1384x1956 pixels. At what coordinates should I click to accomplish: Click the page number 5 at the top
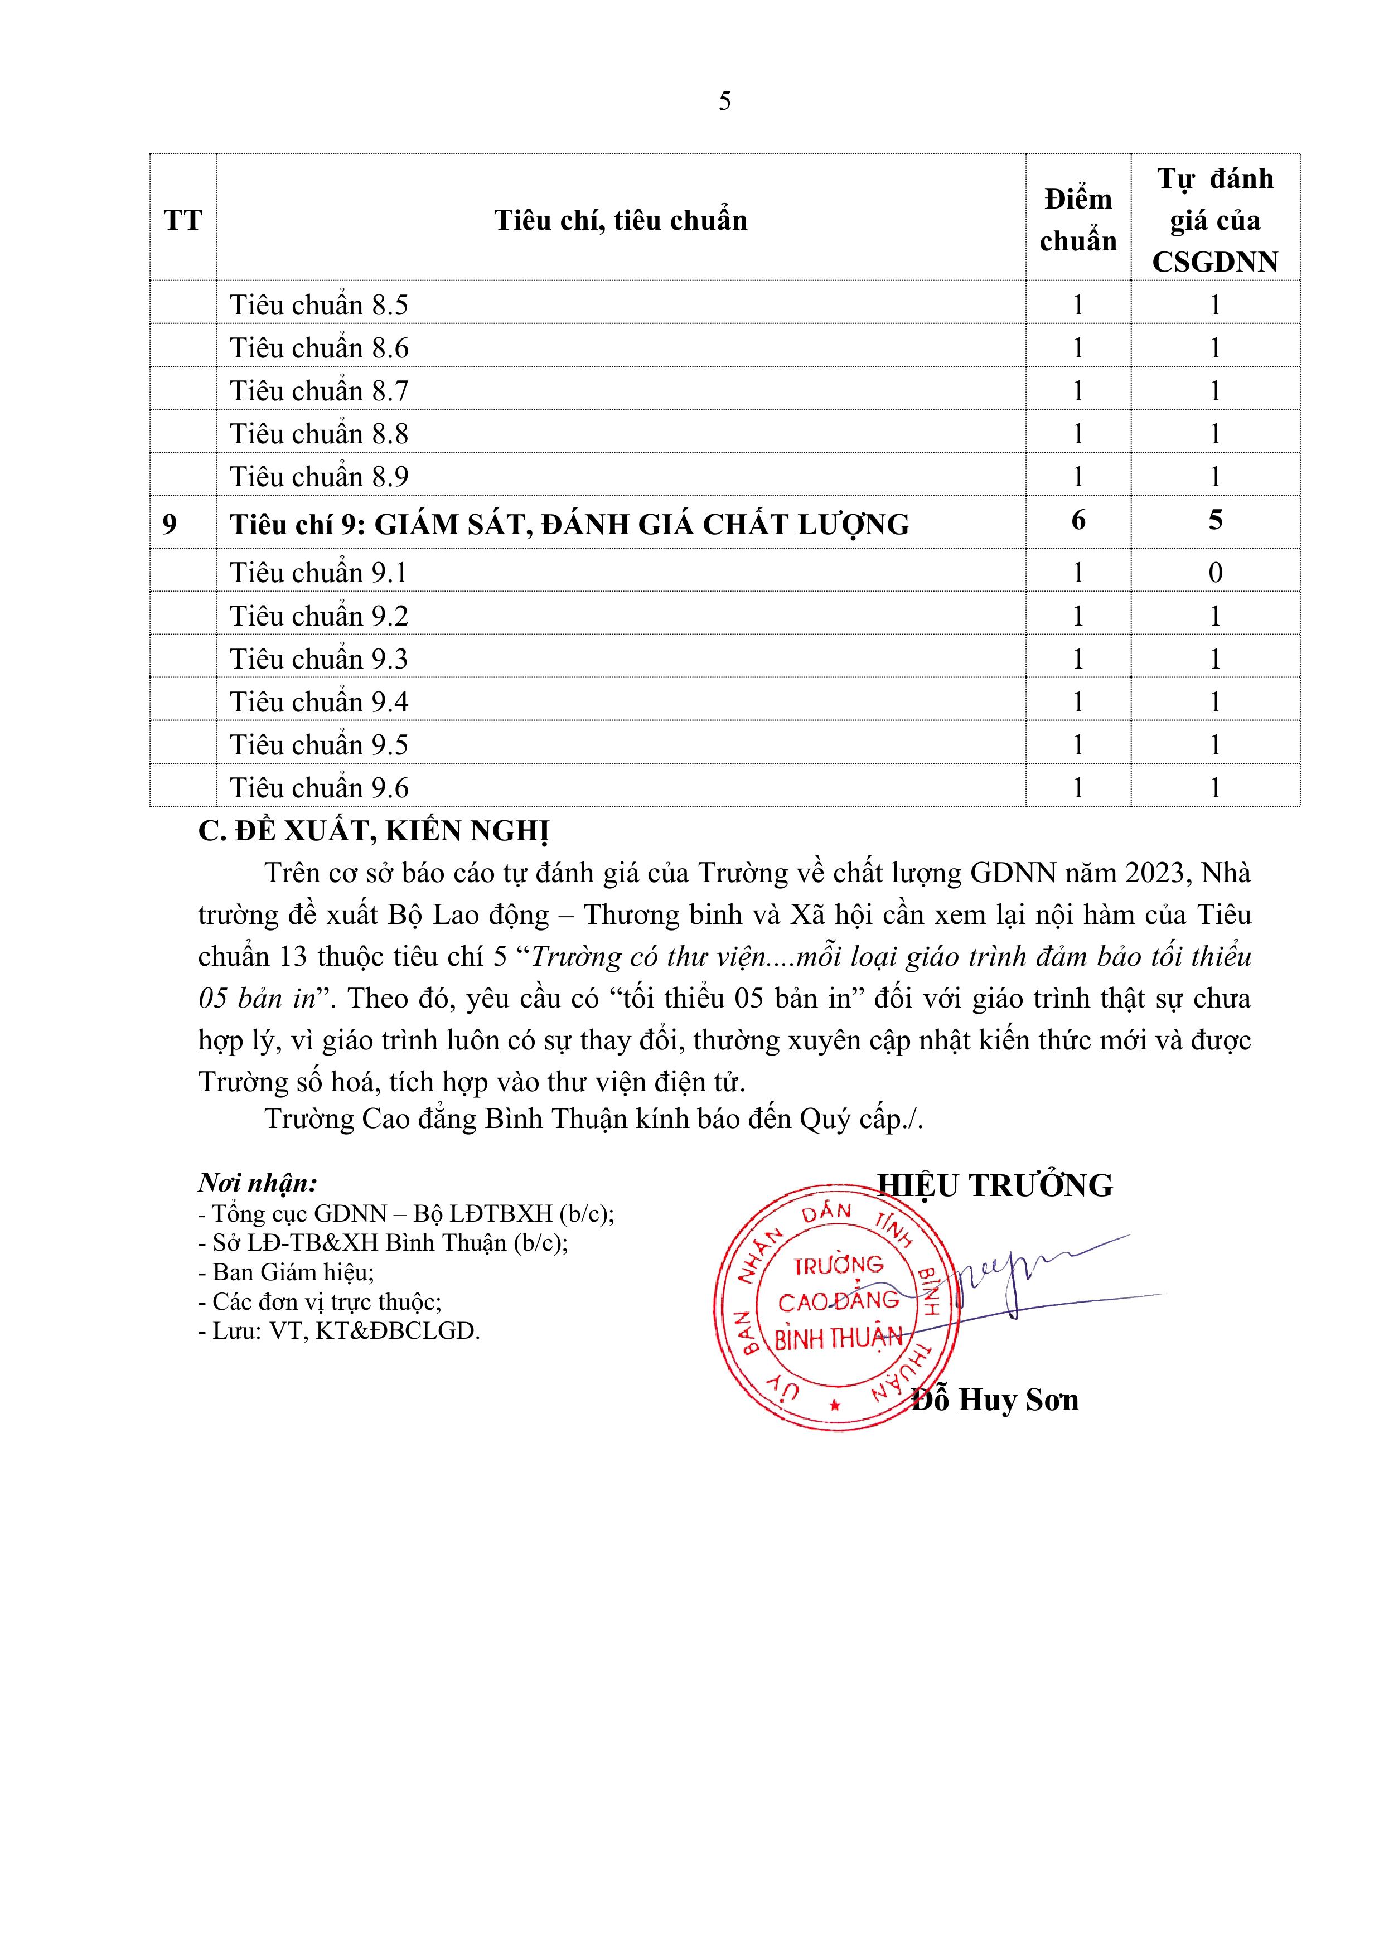point(724,101)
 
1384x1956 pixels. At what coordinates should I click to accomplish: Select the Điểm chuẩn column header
point(1078,220)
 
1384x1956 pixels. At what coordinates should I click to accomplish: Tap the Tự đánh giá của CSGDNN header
point(1215,220)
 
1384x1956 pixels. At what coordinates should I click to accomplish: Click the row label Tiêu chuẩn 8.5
point(319,305)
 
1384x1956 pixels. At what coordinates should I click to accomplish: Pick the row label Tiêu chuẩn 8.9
point(319,476)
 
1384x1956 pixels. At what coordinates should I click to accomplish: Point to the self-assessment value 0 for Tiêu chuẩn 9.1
point(1215,573)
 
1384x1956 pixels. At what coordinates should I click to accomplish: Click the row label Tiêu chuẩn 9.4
point(319,702)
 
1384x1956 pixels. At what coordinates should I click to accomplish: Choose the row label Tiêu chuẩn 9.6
point(319,788)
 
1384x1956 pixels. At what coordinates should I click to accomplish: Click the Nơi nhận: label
point(258,1183)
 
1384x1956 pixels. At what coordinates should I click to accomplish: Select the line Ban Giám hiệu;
point(287,1272)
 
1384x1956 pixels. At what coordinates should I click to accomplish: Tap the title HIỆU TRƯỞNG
point(995,1186)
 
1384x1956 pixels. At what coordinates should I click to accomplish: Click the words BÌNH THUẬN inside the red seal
point(838,1339)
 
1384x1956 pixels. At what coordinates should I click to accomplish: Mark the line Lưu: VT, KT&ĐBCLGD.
point(339,1331)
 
